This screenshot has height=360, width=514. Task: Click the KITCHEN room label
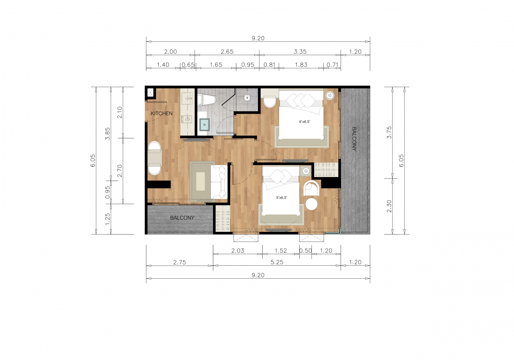(x=162, y=113)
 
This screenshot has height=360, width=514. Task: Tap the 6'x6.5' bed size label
(x=304, y=122)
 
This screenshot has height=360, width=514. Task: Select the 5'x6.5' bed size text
(x=282, y=198)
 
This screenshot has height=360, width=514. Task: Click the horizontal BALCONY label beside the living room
(x=182, y=218)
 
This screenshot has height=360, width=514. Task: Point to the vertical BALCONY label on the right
(x=354, y=139)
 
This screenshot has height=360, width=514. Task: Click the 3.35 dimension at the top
(x=300, y=51)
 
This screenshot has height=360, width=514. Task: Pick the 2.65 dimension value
(x=227, y=51)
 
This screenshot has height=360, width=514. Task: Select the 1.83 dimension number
(x=301, y=65)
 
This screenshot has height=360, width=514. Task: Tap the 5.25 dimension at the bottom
(x=277, y=262)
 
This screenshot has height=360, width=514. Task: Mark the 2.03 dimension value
(x=238, y=251)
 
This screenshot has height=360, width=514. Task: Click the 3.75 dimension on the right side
(x=389, y=132)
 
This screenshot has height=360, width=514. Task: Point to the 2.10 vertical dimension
(x=119, y=112)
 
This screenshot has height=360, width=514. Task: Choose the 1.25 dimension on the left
(x=107, y=219)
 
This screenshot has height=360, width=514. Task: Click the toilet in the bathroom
(x=206, y=100)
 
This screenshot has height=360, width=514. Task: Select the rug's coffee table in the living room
(x=200, y=181)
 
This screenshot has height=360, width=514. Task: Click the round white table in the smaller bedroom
(x=311, y=204)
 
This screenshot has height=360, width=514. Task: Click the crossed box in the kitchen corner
(x=150, y=93)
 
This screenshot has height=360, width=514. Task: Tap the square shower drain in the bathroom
(x=247, y=98)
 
